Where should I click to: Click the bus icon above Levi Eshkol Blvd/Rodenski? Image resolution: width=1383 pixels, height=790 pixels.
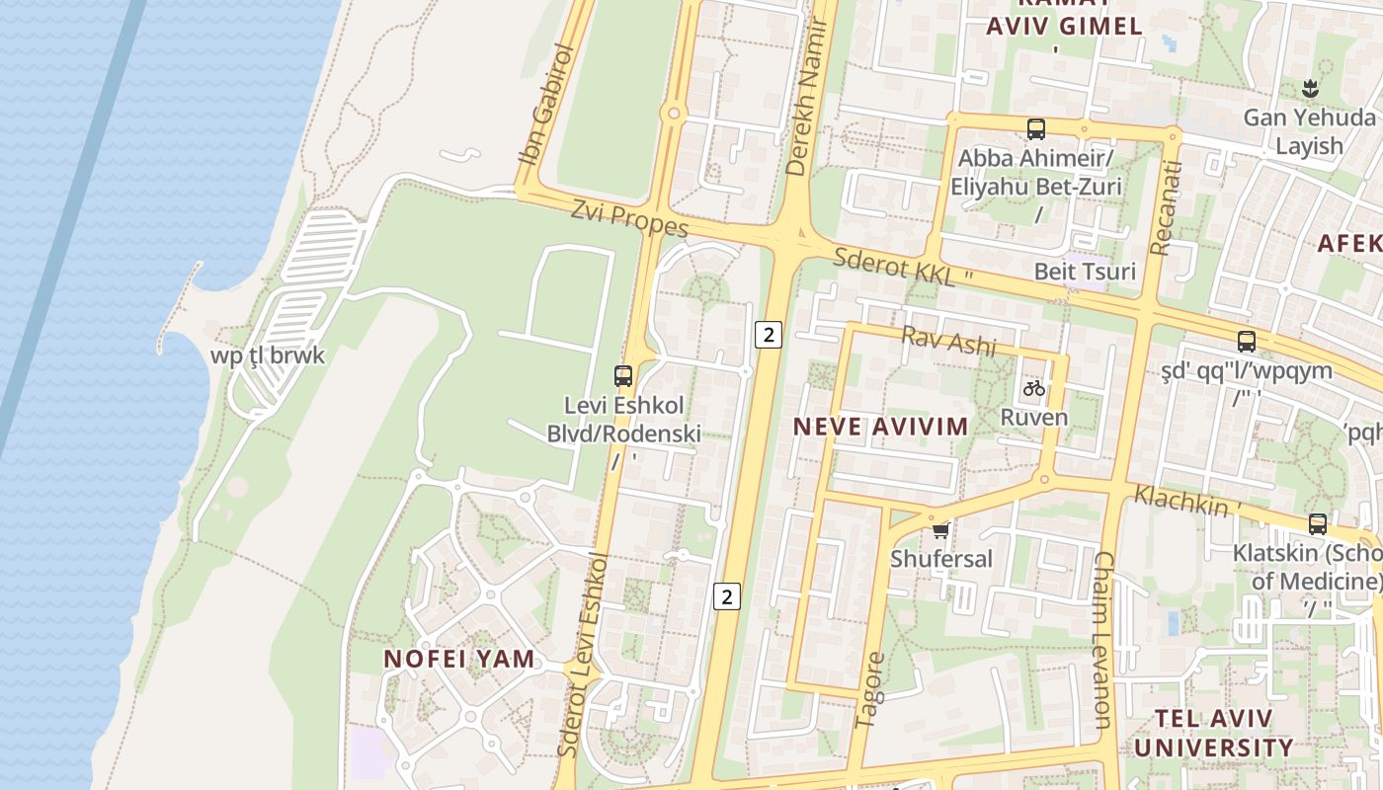click(622, 375)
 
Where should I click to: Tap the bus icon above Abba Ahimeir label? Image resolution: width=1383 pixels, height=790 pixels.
click(1035, 128)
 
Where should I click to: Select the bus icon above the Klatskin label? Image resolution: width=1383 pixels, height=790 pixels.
click(1317, 523)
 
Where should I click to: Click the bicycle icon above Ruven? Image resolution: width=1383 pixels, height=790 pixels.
click(1034, 388)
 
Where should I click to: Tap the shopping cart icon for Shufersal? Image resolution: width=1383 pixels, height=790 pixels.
click(940, 530)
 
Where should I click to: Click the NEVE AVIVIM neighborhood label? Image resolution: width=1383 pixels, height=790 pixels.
click(880, 427)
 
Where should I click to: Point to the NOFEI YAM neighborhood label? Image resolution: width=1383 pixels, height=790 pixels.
click(459, 659)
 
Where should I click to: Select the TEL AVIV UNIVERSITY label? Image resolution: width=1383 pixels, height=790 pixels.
click(1213, 733)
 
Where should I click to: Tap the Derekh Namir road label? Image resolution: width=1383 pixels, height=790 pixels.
click(805, 95)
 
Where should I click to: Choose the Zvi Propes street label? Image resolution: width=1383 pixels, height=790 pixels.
click(629, 219)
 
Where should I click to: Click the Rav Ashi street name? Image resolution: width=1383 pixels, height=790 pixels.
click(949, 342)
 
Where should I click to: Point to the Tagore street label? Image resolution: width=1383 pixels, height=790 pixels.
click(869, 689)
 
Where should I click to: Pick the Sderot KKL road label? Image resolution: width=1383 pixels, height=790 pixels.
click(895, 267)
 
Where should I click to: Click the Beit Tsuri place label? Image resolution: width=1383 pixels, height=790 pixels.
click(1085, 272)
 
